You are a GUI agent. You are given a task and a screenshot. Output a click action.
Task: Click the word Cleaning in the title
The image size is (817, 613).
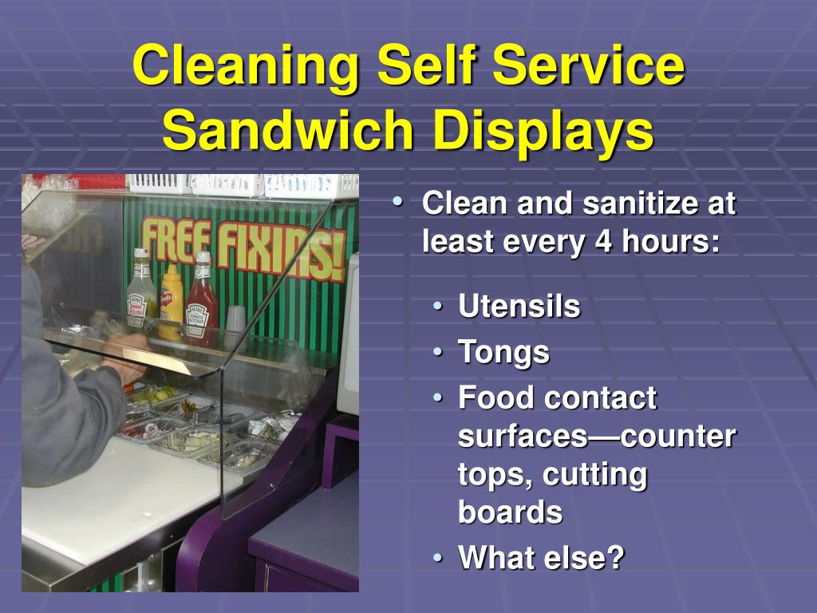(246, 68)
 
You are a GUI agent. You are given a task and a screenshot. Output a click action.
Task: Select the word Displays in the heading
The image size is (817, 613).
(543, 132)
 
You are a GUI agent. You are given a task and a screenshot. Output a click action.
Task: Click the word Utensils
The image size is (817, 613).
(519, 306)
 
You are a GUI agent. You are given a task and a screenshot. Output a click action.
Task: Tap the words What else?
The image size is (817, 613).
(541, 557)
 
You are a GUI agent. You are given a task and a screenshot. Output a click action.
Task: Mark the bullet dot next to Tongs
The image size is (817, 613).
(438, 352)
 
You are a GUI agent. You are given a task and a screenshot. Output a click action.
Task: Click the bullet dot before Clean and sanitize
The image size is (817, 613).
(399, 201)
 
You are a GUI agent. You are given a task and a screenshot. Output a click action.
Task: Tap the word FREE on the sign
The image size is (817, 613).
(176, 242)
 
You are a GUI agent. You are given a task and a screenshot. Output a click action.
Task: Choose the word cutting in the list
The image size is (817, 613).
(594, 476)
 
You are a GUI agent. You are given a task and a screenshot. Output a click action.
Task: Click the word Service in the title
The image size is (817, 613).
(589, 67)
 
